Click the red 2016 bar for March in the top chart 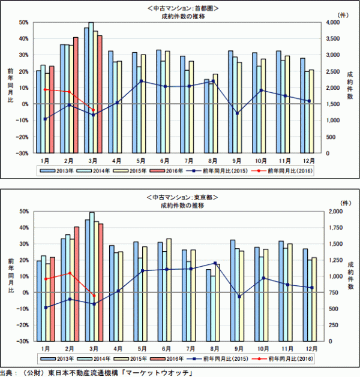click(100, 94)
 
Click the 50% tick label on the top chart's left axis click(24, 22)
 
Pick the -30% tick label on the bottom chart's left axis click(23, 341)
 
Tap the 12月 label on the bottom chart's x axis click(310, 349)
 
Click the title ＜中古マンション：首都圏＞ click(181, 8)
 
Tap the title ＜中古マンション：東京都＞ click(181, 197)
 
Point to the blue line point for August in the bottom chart click(214, 263)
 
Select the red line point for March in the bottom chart click(94, 295)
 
